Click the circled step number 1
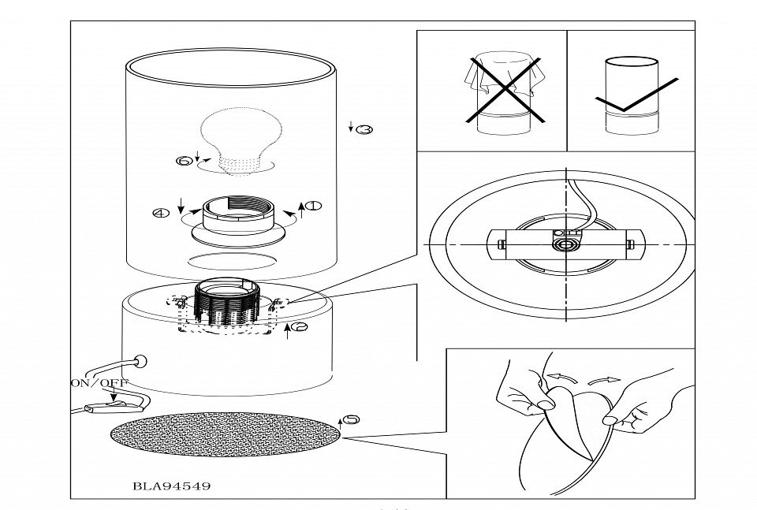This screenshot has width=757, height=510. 314,207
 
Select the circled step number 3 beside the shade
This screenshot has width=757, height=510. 364,128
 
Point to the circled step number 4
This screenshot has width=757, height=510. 161,212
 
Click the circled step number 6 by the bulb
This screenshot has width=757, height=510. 184,161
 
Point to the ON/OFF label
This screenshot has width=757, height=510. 100,383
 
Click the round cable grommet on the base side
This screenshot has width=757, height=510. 142,363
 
